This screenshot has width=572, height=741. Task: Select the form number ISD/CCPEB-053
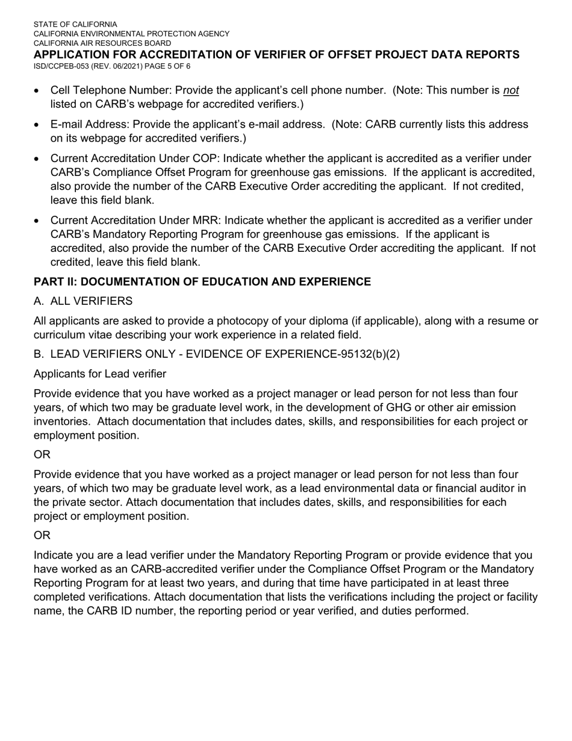click(x=60, y=66)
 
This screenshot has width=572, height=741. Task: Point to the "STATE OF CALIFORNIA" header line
click(x=75, y=25)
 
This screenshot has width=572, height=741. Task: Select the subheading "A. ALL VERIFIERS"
click(x=83, y=301)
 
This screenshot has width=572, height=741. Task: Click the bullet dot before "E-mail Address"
click(x=37, y=125)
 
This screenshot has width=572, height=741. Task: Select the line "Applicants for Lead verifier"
click(x=100, y=374)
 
